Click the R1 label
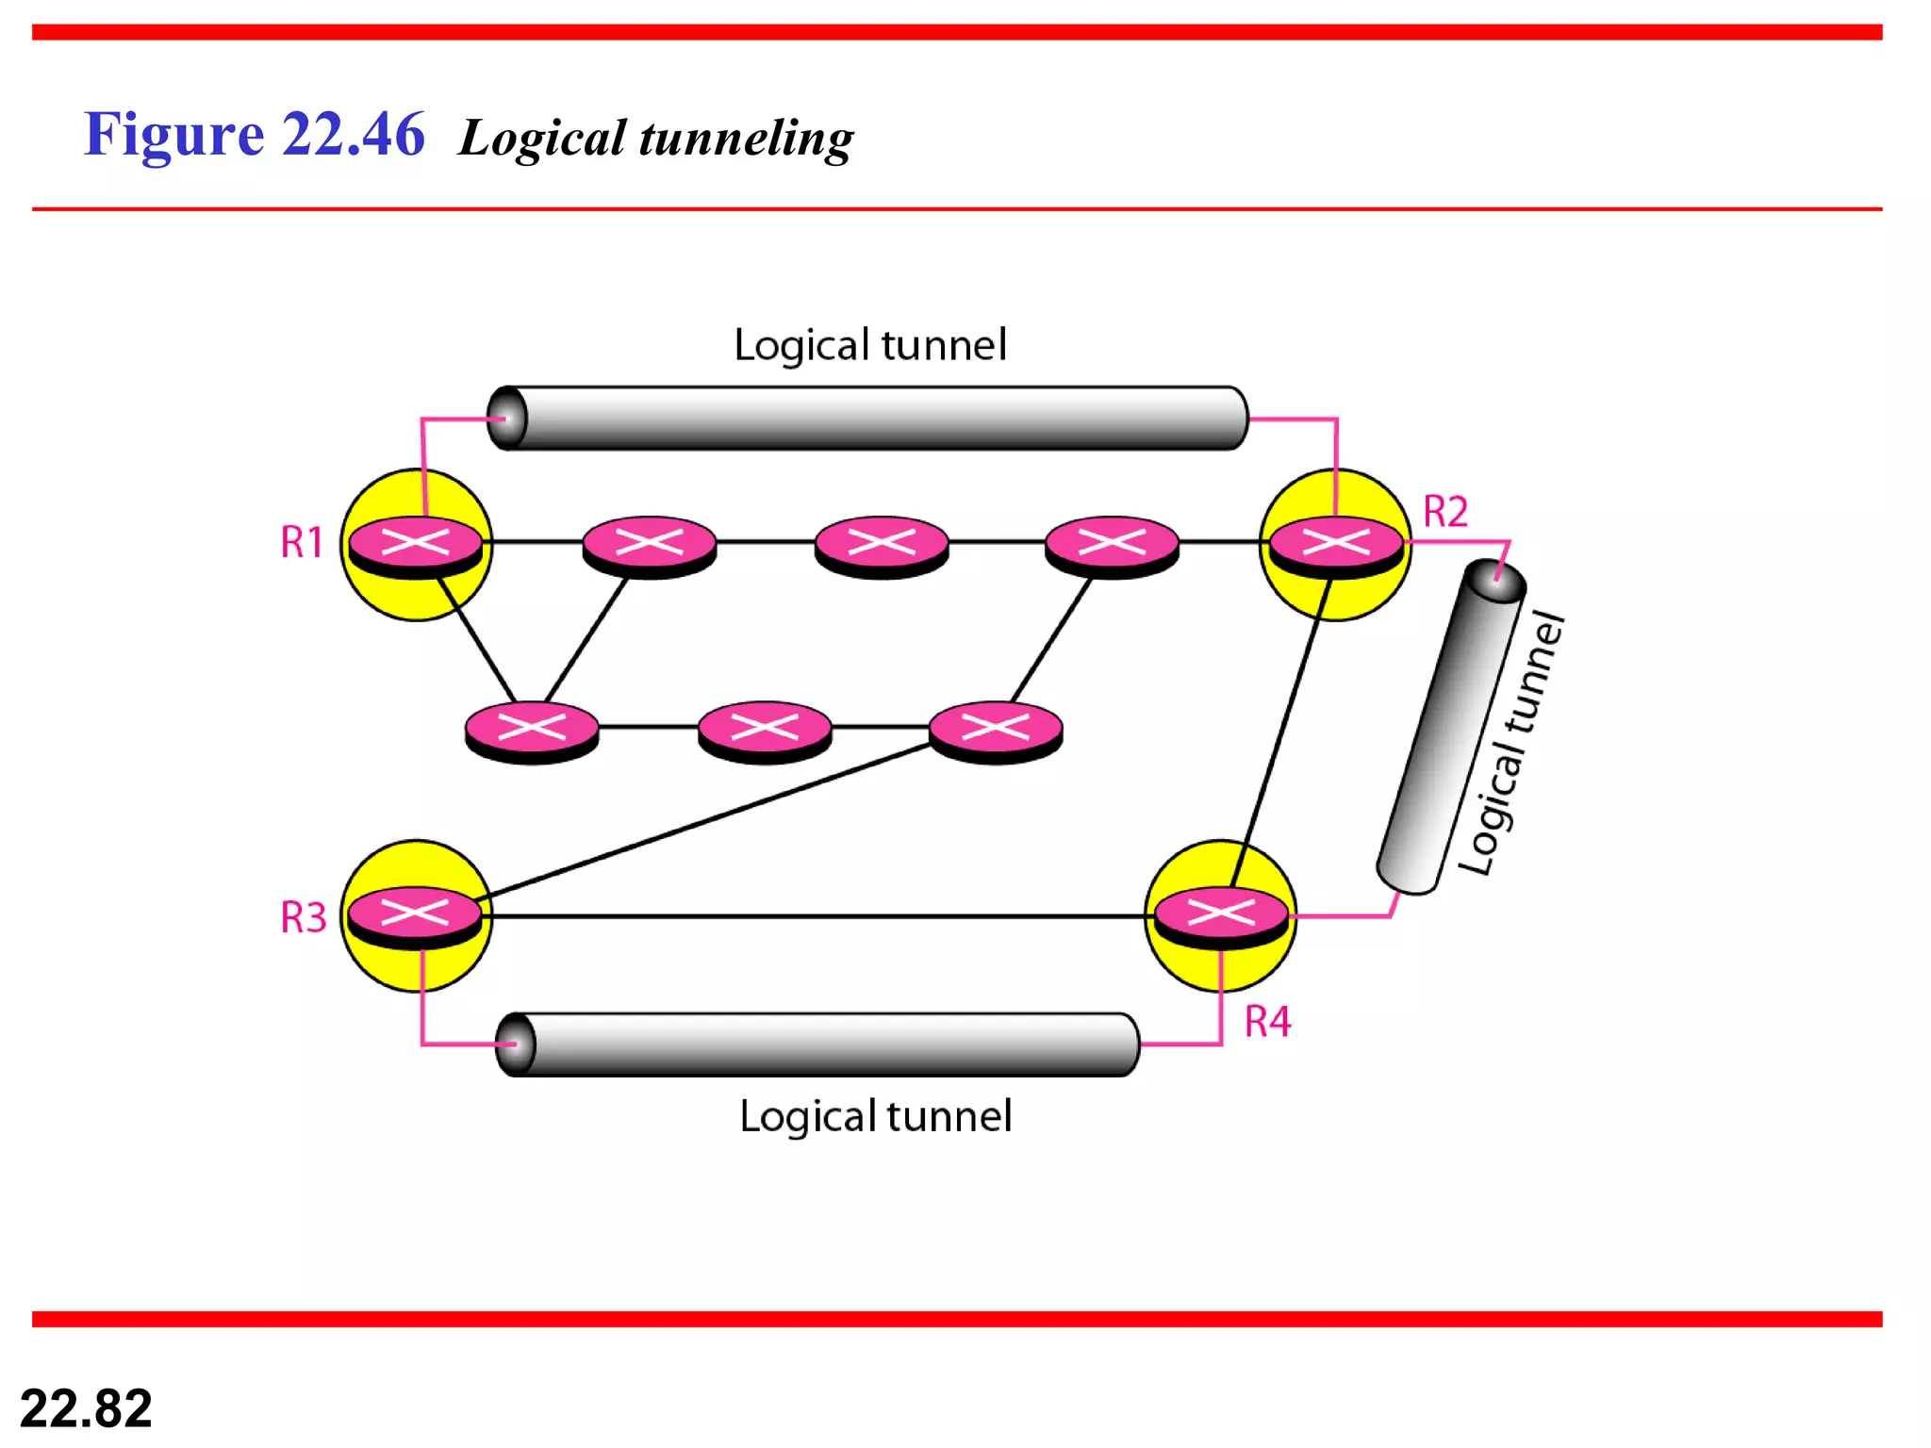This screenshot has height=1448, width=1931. [302, 543]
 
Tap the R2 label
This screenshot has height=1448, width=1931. [1444, 512]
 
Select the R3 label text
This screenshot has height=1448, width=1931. [303, 917]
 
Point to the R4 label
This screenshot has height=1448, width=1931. [1266, 1022]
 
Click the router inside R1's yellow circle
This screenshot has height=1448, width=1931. [416, 544]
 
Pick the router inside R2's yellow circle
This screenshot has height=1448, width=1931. [1335, 544]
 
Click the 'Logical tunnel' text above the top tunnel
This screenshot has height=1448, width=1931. [869, 345]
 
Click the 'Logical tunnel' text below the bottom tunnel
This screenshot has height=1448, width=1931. [875, 1116]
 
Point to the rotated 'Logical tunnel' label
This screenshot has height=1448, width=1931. [1511, 745]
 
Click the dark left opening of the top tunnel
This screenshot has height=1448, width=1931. [508, 418]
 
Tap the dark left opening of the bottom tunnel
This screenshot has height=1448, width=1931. [516, 1044]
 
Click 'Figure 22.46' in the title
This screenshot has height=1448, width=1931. [254, 134]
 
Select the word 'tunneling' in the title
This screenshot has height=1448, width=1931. [746, 139]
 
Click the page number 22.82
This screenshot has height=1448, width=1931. [86, 1408]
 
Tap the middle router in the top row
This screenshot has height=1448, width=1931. [881, 544]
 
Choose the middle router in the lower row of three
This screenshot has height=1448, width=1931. [765, 729]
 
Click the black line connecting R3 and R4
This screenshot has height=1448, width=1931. [811, 915]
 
